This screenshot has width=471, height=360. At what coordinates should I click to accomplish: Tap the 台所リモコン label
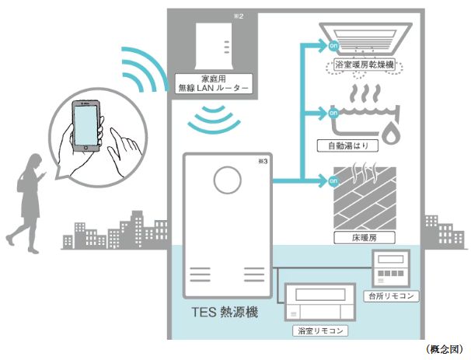click(x=392, y=297)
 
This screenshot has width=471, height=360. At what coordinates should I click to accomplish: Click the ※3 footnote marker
click(x=260, y=161)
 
